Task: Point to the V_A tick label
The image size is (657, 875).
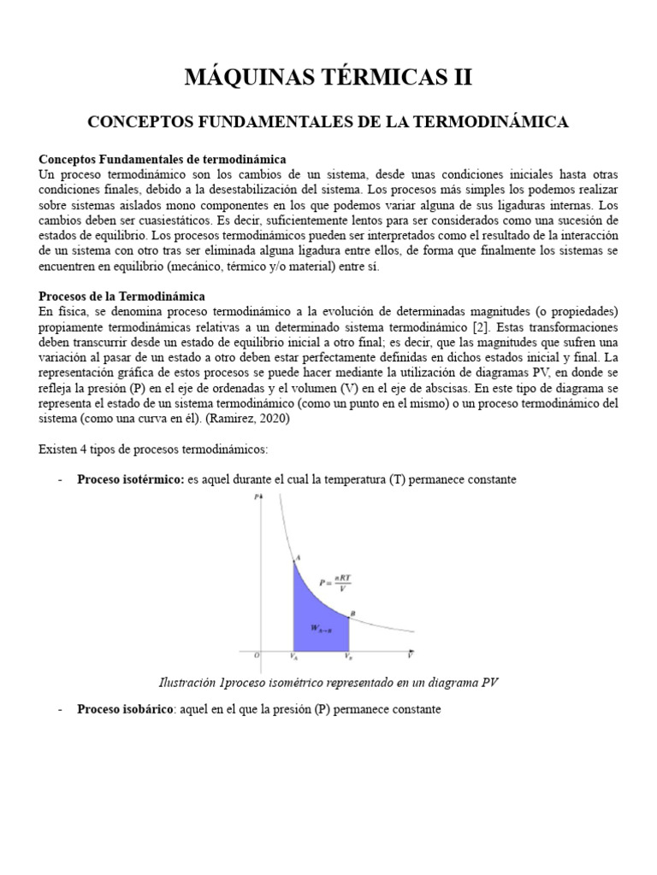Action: tap(294, 657)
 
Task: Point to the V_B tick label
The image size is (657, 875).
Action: tap(348, 657)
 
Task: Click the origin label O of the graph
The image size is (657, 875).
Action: tap(256, 656)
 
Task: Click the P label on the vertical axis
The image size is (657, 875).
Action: tap(257, 498)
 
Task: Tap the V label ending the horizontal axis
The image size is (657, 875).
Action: tap(411, 655)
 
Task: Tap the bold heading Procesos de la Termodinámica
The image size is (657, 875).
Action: tap(122, 296)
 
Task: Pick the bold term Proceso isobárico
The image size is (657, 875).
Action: tap(127, 709)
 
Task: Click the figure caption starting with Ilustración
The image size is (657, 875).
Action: tap(328, 682)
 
